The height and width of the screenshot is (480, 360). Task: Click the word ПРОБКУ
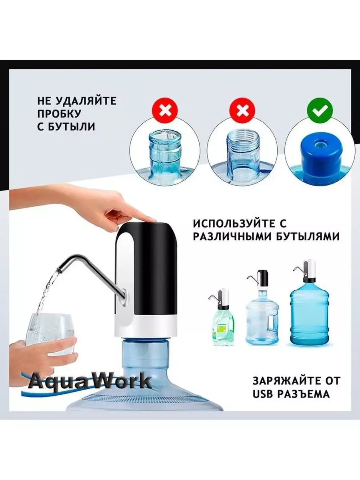click(x=59, y=114)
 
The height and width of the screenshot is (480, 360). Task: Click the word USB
click(x=263, y=394)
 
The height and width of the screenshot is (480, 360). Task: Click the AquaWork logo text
click(x=90, y=381)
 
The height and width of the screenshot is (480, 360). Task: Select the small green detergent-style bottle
click(x=223, y=322)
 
